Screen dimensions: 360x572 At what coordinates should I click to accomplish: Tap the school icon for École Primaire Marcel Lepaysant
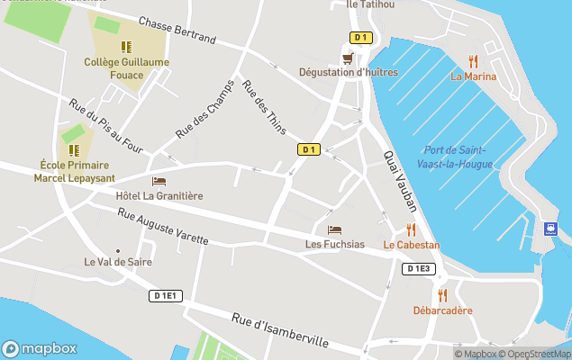74,149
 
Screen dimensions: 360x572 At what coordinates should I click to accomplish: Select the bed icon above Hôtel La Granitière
159,181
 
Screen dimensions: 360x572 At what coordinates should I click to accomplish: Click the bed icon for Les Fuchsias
334,229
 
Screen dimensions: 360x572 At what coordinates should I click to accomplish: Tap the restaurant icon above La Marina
473,61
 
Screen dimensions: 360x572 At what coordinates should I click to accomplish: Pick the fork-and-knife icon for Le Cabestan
411,229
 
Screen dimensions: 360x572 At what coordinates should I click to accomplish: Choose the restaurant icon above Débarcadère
441,295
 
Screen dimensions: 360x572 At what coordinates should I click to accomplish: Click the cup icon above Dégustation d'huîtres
347,58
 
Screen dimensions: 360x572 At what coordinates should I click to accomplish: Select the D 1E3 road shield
419,268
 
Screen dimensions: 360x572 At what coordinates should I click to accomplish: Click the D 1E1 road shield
168,295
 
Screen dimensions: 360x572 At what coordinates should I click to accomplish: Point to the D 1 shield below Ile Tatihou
360,37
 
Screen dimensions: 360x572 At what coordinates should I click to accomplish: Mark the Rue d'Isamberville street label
279,329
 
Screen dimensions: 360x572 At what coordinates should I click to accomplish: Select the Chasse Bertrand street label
177,31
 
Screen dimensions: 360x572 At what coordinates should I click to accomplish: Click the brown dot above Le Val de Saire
117,251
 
